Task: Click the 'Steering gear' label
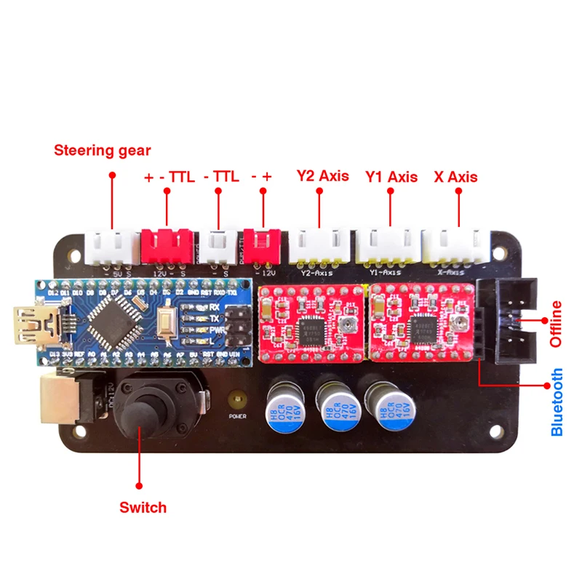(103, 151)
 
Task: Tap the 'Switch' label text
(143, 507)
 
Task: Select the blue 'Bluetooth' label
(557, 402)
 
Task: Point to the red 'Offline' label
(557, 324)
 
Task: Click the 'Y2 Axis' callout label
(322, 176)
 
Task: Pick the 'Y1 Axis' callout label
(391, 176)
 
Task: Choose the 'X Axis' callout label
(455, 176)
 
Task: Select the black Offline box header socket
(514, 322)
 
